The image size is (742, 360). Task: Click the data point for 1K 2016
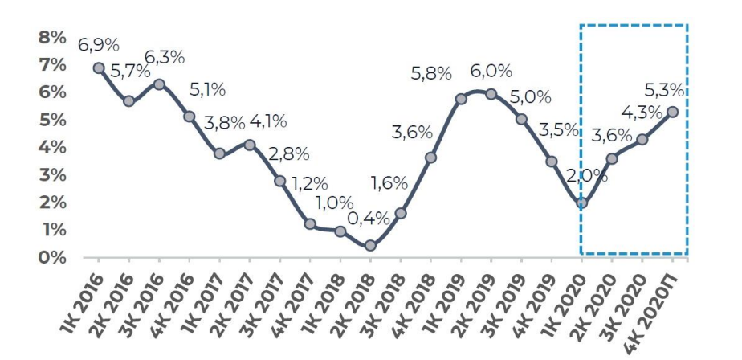(x=98, y=68)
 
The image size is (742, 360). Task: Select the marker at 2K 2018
(x=370, y=246)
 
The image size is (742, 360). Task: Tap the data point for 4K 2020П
(x=673, y=112)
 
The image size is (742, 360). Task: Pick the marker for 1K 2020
(x=582, y=202)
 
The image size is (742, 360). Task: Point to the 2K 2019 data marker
(x=491, y=93)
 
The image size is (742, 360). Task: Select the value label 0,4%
(x=369, y=217)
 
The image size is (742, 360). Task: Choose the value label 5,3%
(x=667, y=87)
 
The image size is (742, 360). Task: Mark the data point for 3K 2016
(x=159, y=84)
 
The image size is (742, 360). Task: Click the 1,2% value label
(x=305, y=183)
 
